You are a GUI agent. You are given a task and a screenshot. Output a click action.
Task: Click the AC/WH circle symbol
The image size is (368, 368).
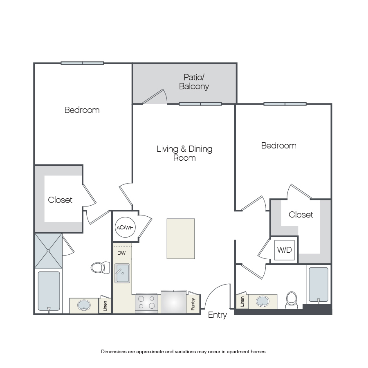click(x=125, y=227)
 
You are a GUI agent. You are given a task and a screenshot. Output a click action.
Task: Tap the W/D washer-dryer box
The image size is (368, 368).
click(x=285, y=250)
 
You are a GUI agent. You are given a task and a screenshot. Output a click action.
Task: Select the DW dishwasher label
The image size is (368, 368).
click(x=121, y=253)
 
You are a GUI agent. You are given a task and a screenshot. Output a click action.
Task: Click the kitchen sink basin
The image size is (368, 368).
click(x=122, y=273)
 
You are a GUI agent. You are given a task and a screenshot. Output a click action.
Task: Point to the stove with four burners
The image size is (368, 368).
click(x=146, y=303)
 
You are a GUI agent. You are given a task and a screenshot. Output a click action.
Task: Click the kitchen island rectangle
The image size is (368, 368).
click(x=181, y=239)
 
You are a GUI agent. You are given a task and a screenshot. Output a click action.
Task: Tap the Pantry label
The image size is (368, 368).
click(x=193, y=304)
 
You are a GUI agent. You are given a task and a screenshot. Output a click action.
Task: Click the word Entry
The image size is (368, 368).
click(x=218, y=315)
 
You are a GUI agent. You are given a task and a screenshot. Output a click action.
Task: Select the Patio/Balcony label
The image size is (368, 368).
click(x=194, y=82)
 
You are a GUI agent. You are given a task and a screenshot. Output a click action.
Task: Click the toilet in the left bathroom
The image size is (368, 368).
click(x=101, y=267)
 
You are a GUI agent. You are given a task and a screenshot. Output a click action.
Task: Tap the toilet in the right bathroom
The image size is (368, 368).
click(x=292, y=300)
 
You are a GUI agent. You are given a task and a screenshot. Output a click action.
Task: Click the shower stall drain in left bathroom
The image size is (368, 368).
click(x=48, y=251)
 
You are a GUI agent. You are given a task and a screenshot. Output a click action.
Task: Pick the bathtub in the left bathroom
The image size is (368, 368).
click(x=49, y=291)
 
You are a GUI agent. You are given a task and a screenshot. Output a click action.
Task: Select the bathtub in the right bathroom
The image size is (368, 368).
click(x=319, y=285)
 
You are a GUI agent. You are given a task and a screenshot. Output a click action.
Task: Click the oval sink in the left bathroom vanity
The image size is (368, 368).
click(x=84, y=305)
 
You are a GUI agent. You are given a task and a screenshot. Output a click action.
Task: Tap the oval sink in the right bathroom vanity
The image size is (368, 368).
click(x=263, y=301)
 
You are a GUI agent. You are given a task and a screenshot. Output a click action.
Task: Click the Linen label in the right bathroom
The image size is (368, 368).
click(x=242, y=301)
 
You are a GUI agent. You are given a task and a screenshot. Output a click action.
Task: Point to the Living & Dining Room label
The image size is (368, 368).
click(x=184, y=153)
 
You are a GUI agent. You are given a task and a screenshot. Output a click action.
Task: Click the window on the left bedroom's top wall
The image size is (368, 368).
click(x=82, y=63)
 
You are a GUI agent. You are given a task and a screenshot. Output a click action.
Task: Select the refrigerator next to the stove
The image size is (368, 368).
click(x=174, y=302)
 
